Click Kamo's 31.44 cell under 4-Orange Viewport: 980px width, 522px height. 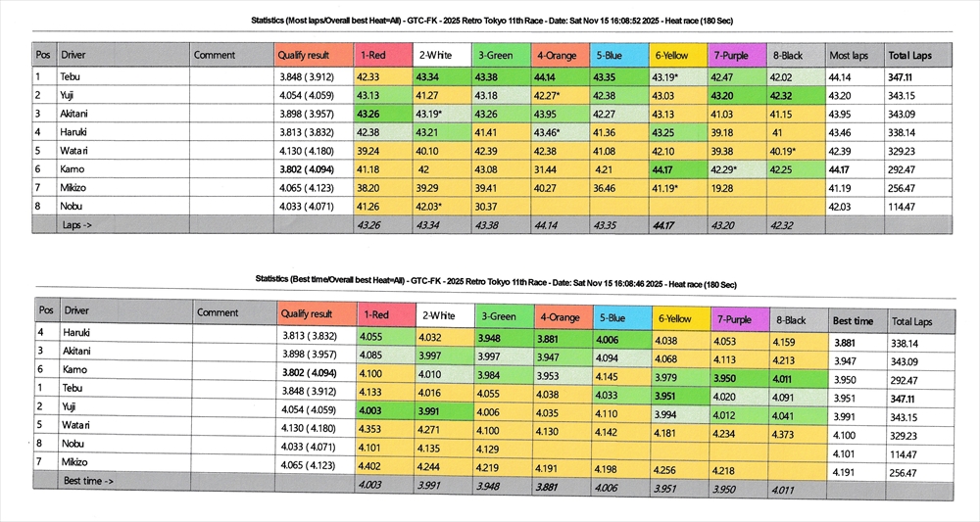[543, 168]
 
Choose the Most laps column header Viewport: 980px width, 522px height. [848, 56]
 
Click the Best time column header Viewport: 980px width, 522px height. [852, 320]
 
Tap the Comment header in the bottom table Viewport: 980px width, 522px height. [218, 313]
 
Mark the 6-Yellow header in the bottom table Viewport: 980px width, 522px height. [675, 318]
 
